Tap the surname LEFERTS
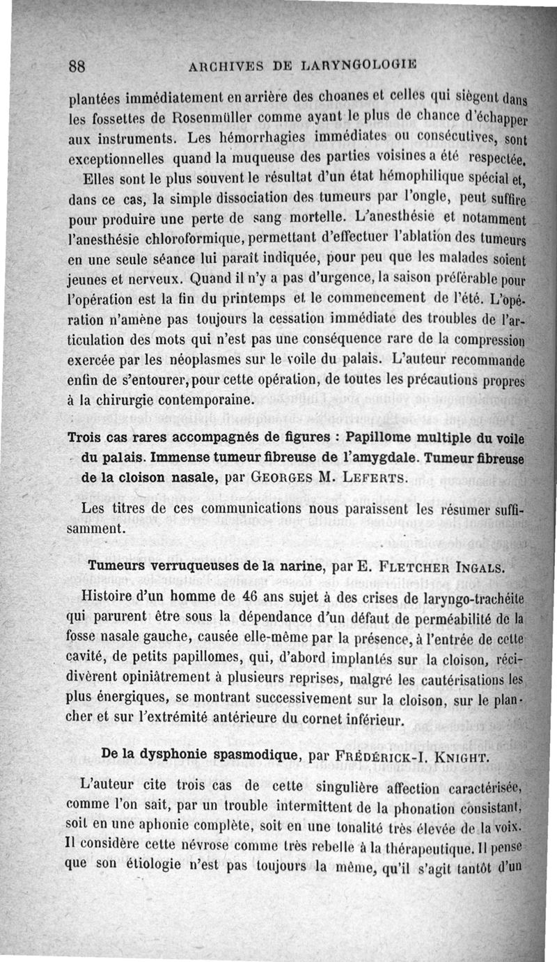tap(370, 478)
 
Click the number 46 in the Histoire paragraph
tap(248, 597)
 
